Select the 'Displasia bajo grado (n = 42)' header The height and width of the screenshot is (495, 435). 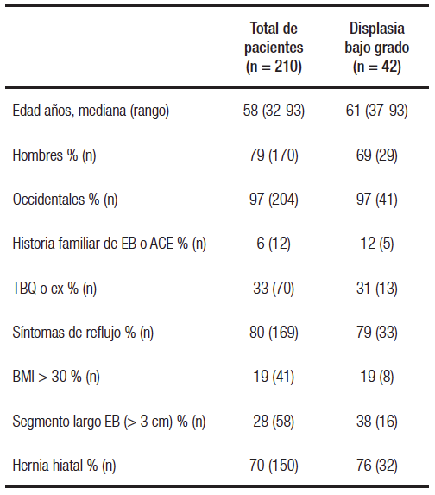376,48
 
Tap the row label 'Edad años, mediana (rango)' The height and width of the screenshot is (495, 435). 91,111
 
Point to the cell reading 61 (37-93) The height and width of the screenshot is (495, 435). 376,111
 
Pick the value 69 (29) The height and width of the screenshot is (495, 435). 376,155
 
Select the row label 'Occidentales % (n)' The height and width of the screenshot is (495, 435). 65,200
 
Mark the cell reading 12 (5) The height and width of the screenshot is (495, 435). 376,244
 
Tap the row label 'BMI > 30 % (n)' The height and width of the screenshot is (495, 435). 56,378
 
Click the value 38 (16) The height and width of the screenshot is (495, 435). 376,422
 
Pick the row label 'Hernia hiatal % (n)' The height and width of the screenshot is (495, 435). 65,466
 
